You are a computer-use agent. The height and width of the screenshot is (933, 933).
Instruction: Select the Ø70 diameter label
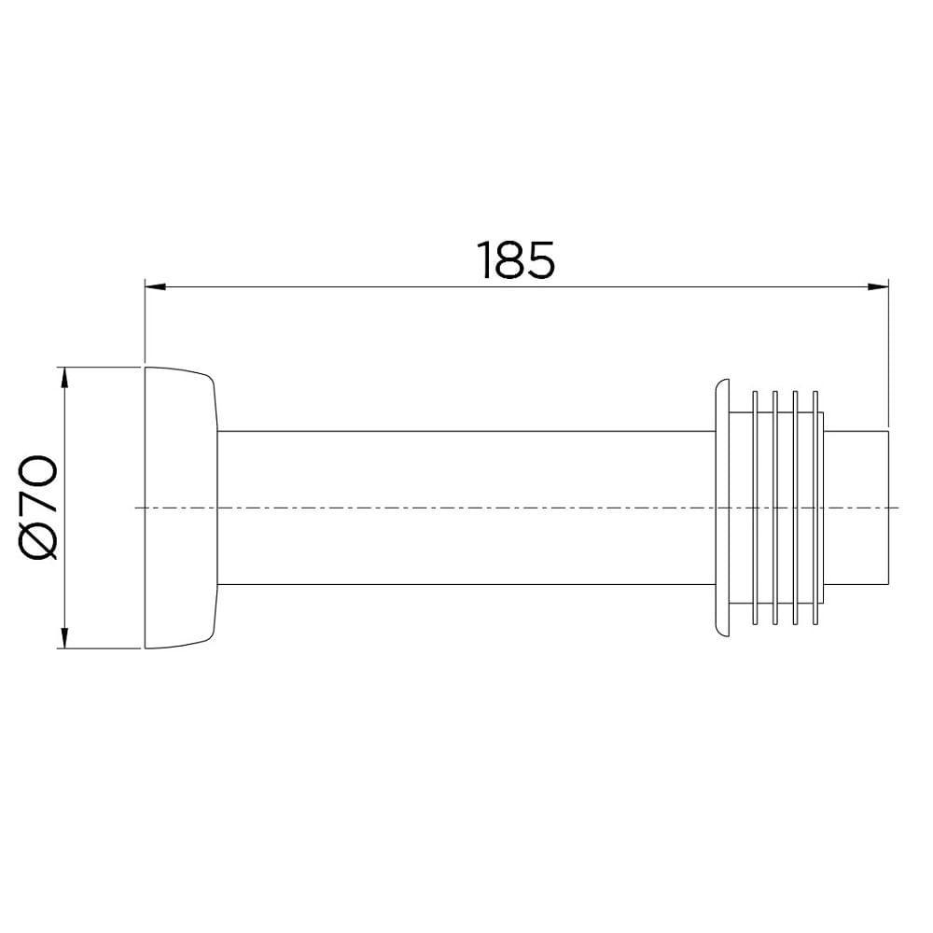[43, 508]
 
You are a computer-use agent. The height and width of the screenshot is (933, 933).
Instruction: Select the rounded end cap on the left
[179, 508]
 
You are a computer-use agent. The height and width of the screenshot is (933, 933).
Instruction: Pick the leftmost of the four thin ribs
[754, 508]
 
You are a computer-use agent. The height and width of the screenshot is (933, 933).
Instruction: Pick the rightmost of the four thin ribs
[815, 508]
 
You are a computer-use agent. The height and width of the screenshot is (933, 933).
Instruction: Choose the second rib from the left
[774, 508]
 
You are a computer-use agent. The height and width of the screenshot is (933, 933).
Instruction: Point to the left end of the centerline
[137, 507]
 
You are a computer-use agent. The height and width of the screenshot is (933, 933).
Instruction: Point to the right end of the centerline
[898, 507]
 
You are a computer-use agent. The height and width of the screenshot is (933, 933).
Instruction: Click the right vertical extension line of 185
[887, 355]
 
